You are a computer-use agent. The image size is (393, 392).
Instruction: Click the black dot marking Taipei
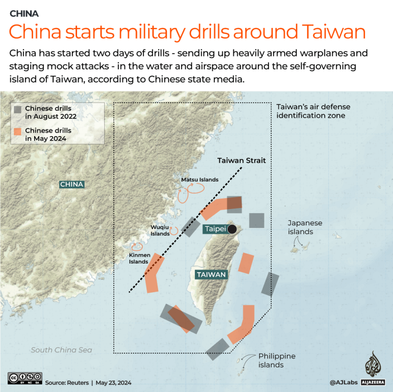pos(233,229)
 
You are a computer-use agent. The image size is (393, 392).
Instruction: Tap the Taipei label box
pos(215,229)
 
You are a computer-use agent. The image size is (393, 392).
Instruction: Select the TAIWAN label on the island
pos(211,275)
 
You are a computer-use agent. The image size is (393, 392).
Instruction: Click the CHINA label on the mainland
pos(71,185)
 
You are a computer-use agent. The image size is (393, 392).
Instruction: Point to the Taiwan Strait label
pos(241,160)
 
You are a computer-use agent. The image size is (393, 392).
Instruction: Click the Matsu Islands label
pos(200,179)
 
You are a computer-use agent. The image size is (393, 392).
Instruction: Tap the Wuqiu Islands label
pos(160,230)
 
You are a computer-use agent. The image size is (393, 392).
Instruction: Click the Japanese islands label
pos(305,227)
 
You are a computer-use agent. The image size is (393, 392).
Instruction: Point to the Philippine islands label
pos(277,360)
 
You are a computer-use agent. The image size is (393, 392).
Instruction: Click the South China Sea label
pos(61,350)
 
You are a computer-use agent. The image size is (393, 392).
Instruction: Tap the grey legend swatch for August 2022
pos(18,109)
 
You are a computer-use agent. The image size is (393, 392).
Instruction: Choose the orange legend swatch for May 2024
pos(18,131)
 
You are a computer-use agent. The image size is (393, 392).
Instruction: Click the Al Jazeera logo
pos(375,370)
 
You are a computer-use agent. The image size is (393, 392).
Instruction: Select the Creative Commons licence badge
pos(24,378)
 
